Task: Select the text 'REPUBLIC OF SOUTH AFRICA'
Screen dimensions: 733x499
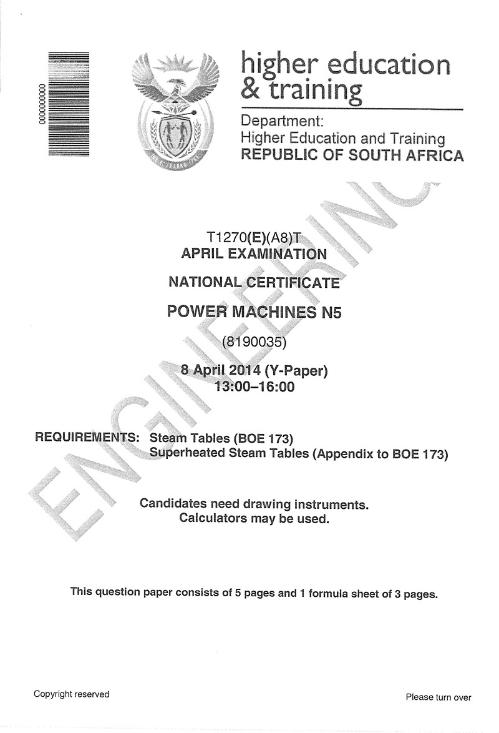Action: click(352, 155)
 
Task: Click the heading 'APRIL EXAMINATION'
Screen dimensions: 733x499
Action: click(253, 254)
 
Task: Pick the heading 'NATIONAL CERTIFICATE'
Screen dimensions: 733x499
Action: click(254, 282)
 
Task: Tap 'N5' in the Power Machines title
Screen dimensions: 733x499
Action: click(331, 312)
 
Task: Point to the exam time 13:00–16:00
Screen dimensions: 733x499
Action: click(254, 386)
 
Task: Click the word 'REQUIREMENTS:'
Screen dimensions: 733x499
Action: click(87, 437)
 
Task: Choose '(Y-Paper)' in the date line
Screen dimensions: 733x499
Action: click(296, 371)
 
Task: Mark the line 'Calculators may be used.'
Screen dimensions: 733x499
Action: click(254, 518)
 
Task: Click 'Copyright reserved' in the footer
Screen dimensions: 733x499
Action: click(71, 694)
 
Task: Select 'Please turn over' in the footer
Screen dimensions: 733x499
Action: click(438, 697)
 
